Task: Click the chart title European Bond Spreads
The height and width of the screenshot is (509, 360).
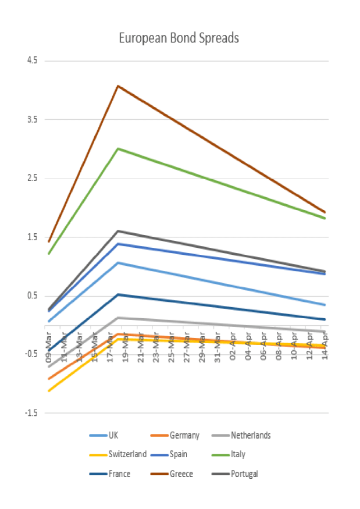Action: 179,38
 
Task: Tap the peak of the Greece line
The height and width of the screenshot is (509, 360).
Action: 118,86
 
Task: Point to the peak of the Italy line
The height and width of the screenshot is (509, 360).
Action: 118,148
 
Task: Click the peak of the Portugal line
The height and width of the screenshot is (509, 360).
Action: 118,231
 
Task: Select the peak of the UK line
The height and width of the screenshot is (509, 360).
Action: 118,262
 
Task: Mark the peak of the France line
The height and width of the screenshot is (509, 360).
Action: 118,294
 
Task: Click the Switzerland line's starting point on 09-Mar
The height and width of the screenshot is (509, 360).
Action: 49,391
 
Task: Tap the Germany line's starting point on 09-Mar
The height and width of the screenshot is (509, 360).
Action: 49,379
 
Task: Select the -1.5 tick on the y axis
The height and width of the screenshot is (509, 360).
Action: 29,413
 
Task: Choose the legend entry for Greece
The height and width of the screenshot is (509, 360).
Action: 181,474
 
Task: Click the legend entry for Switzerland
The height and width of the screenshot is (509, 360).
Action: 127,454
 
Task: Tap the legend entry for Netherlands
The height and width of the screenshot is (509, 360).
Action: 250,435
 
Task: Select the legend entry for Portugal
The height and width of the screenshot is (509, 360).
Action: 244,474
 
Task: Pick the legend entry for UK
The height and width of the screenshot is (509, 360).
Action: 113,435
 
